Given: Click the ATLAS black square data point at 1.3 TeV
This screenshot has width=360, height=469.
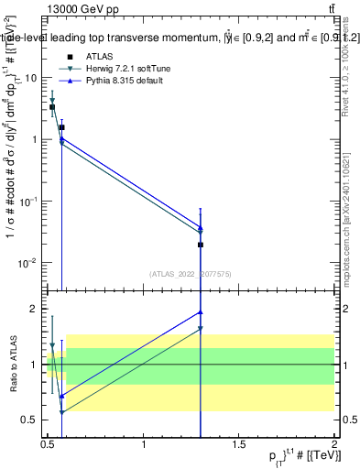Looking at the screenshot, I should point(201,245).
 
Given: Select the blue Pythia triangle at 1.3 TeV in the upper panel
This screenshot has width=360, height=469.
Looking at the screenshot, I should point(201,227).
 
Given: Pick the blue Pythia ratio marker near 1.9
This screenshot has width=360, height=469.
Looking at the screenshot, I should point(201,312).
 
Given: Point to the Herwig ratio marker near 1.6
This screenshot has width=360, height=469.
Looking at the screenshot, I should point(201,328).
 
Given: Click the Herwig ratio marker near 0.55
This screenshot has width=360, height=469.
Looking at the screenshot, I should point(61,413).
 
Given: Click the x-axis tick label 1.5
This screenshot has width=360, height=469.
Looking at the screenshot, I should point(239,445).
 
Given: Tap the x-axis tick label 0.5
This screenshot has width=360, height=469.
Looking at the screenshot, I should point(48,445).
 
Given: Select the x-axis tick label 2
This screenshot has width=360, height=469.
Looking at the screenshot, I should point(334,445).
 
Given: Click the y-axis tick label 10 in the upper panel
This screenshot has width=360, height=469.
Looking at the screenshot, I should point(30,78).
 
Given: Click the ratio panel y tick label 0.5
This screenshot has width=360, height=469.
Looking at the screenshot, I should point(29,420).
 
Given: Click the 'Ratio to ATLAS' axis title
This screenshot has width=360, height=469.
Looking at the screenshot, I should point(11,364).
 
